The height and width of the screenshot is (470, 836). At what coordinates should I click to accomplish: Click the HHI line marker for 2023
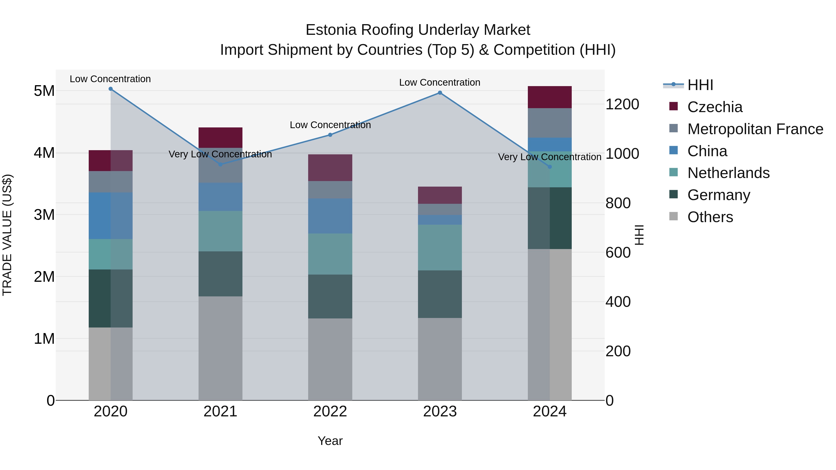[440, 93]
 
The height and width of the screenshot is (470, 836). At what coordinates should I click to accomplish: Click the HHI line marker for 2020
[111, 89]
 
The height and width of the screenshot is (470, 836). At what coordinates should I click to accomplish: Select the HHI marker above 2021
[220, 165]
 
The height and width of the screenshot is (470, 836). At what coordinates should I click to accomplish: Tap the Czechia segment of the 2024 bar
[549, 97]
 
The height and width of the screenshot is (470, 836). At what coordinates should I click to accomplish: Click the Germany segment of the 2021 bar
[220, 274]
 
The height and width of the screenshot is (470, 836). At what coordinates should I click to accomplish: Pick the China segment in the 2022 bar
[330, 216]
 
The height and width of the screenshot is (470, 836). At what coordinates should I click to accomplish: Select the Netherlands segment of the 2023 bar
[440, 247]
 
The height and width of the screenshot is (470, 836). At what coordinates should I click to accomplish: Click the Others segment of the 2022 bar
[330, 359]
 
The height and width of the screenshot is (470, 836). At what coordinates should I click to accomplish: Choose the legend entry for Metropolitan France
[755, 129]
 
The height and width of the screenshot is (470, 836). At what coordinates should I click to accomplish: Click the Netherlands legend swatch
[673, 173]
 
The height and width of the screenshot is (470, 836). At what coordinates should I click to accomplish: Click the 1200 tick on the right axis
[622, 104]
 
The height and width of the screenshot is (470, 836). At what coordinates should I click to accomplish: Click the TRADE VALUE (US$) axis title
[7, 235]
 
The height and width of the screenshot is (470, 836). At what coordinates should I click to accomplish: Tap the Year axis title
[330, 441]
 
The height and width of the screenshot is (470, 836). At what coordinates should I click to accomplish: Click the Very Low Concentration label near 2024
[549, 157]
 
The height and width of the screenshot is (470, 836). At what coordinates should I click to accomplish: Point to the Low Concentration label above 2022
[330, 125]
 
